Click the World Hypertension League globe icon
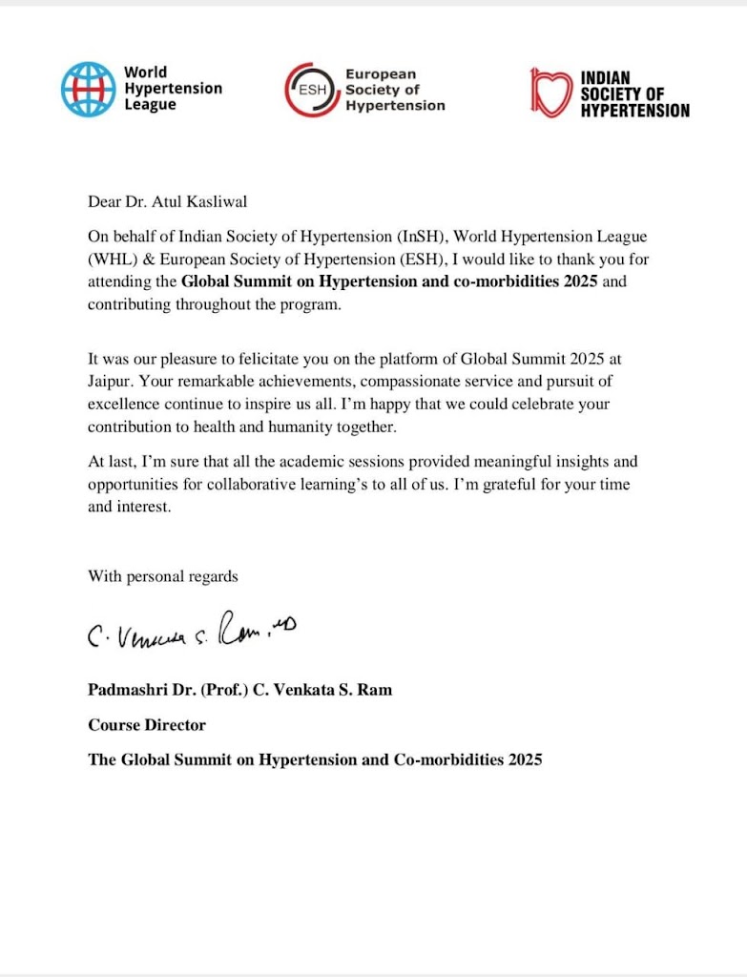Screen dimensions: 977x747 point(88,89)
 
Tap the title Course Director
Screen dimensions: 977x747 point(147,725)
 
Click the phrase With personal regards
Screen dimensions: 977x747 point(163,576)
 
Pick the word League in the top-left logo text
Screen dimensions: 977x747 point(150,105)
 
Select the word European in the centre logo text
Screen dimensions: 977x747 point(381,73)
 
